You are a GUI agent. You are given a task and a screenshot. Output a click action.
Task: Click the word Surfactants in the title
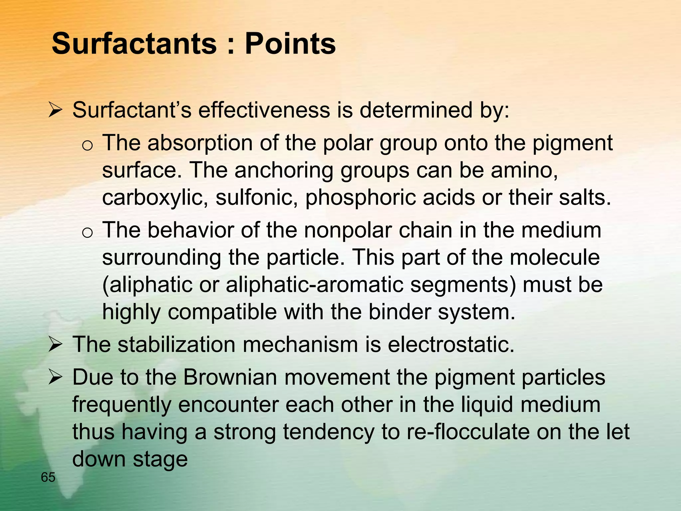134,44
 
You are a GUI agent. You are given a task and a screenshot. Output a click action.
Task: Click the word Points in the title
290,44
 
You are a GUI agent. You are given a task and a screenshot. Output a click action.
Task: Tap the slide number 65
48,478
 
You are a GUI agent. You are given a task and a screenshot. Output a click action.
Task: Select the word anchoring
284,170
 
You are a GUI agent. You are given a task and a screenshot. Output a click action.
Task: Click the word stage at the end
160,459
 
